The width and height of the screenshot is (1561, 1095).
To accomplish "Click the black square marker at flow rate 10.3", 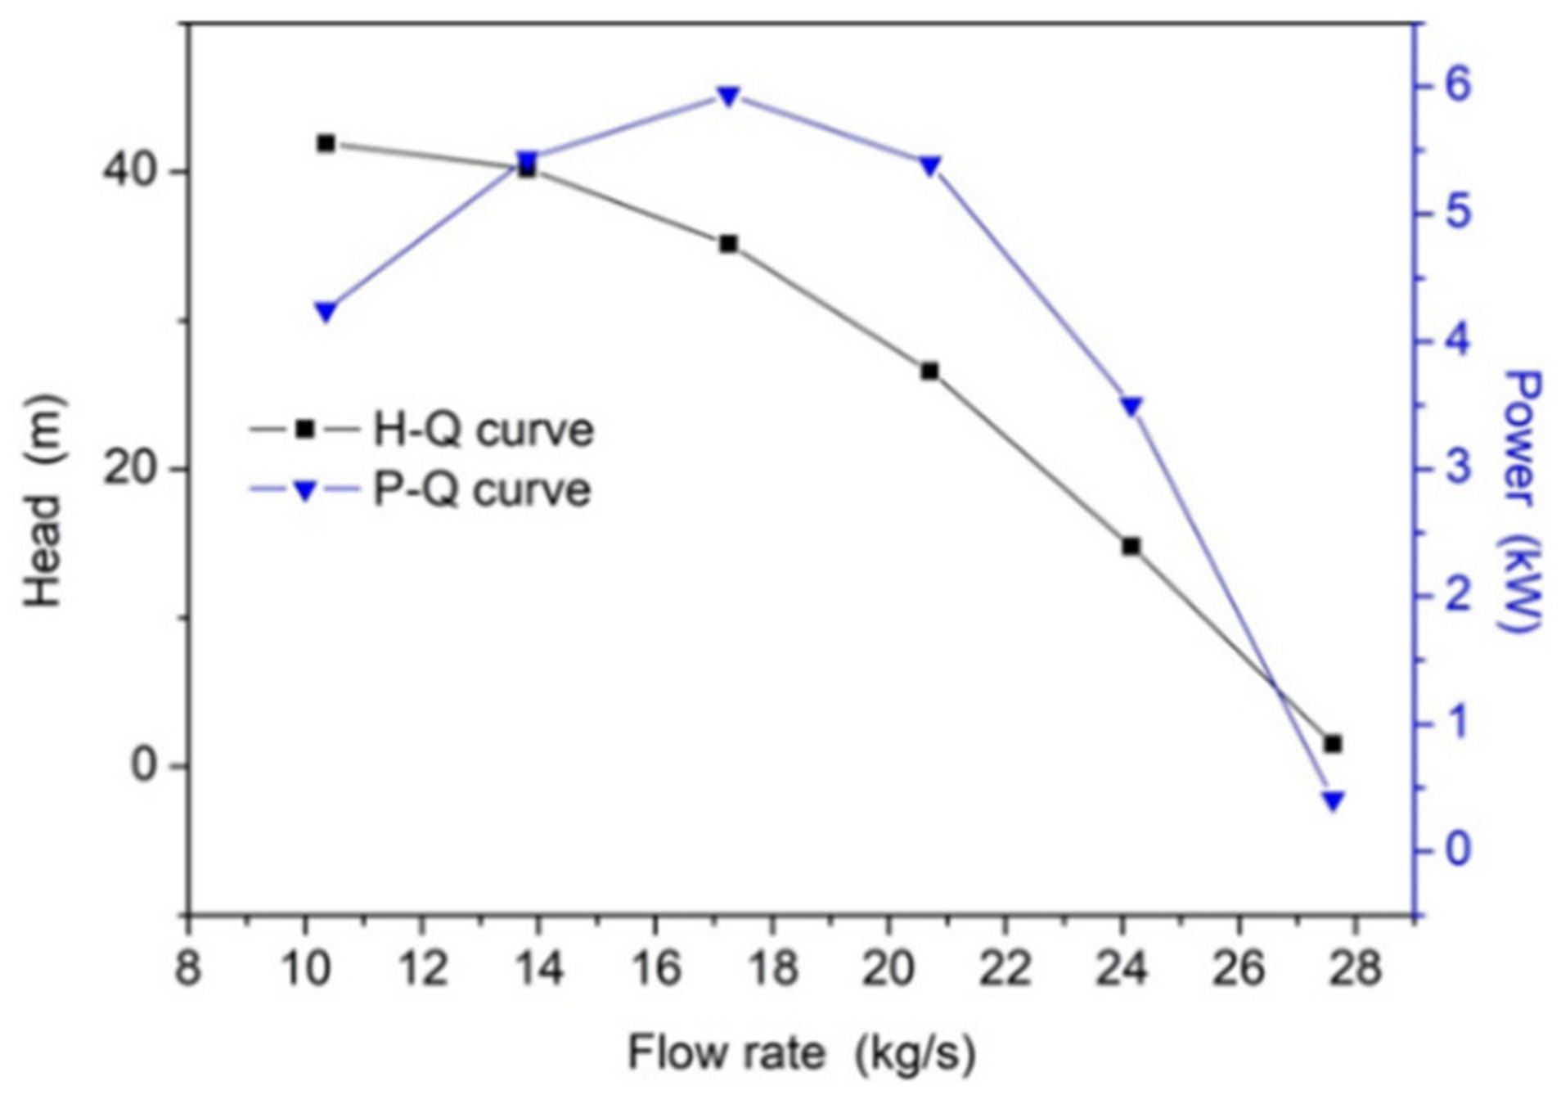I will (326, 144).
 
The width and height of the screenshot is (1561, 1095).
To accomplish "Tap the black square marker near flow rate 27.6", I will (1333, 744).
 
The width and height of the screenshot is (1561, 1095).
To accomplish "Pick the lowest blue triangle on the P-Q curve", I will (1333, 800).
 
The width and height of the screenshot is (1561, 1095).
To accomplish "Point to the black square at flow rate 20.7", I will (929, 372).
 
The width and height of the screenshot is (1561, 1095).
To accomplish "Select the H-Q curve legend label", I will (483, 430).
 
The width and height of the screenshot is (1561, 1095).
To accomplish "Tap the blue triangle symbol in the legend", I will (305, 491).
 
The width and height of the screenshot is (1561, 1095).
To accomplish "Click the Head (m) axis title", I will (43, 501).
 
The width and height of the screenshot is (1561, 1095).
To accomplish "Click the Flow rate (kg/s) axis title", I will (801, 1053).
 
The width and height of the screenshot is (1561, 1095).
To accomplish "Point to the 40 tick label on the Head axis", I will (128, 172).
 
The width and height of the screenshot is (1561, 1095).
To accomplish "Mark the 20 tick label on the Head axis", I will (128, 469).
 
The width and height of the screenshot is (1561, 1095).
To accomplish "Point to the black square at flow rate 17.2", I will (728, 244).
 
